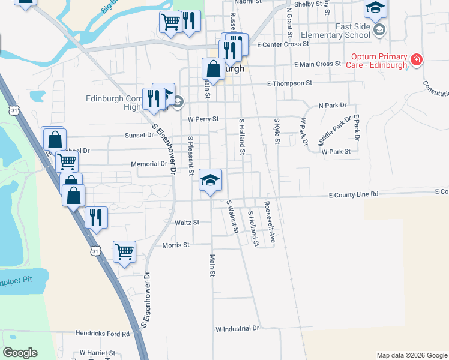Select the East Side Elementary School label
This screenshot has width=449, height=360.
tap(344, 31)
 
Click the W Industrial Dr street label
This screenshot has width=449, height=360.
tap(237, 329)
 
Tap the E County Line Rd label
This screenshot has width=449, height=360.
tap(354, 194)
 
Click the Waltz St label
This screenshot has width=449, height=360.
tap(187, 223)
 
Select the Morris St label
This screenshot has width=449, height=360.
tap(176, 245)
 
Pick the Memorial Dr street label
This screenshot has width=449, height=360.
tap(149, 164)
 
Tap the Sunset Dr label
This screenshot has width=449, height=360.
tap(139, 136)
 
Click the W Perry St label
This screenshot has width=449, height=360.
tap(202, 119)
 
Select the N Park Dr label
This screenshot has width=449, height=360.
tap(333, 105)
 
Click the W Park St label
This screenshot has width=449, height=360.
tap(336, 152)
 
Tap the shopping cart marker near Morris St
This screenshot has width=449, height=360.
tap(124, 251)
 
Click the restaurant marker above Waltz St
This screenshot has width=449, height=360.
tap(96, 217)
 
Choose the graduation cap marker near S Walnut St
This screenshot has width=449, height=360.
tap(210, 179)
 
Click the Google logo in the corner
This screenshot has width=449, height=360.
tap(20, 353)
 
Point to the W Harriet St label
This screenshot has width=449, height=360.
tap(98, 353)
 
